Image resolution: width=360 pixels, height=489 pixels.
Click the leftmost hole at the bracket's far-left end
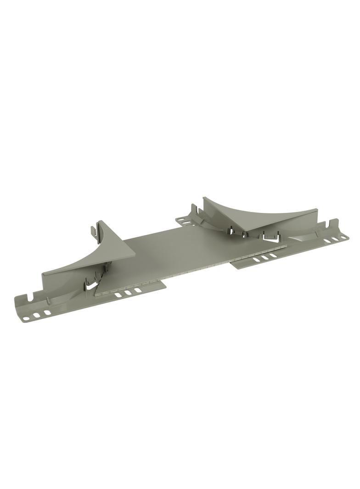click(x=27, y=318)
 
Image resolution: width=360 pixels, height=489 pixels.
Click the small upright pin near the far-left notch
click(x=48, y=302)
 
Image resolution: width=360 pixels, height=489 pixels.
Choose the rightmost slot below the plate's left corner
click(x=138, y=290)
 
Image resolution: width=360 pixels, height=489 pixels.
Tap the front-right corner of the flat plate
click(x=286, y=247)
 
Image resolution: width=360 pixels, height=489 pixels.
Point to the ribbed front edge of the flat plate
click(x=193, y=271)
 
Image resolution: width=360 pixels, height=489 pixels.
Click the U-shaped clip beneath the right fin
click(x=271, y=238)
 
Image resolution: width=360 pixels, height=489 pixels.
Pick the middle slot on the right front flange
click(x=264, y=258)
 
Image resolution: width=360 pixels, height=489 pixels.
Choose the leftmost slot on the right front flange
click(x=255, y=260)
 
